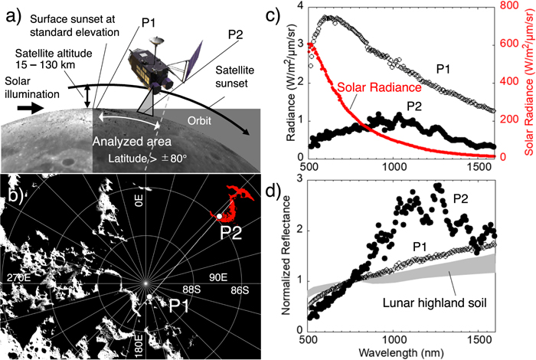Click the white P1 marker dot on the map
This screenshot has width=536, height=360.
point(150,297)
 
